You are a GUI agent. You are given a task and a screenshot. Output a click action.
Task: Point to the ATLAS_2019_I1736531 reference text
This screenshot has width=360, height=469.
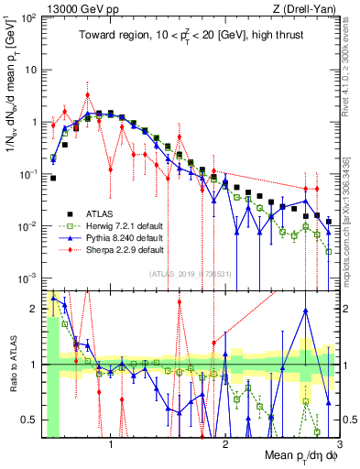point(190,273)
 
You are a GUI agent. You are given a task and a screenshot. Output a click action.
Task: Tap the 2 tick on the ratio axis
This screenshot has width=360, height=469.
point(36,309)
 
